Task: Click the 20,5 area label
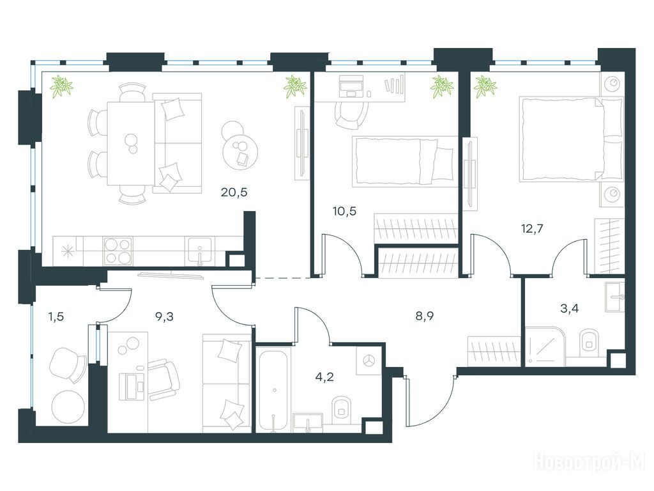tap(234, 192)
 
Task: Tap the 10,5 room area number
tap(344, 211)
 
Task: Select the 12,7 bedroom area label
tap(532, 229)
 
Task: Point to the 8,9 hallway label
tap(425, 316)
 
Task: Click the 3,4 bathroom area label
tap(569, 309)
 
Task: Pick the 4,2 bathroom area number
tap(324, 377)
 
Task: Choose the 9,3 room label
tap(164, 317)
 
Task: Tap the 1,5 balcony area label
tap(56, 317)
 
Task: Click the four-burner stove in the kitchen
tap(118, 251)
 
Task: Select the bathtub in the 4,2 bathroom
tap(273, 391)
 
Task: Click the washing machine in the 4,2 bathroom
tap(369, 361)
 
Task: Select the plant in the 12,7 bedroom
tap(485, 87)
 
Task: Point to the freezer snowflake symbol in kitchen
tap(66, 252)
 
